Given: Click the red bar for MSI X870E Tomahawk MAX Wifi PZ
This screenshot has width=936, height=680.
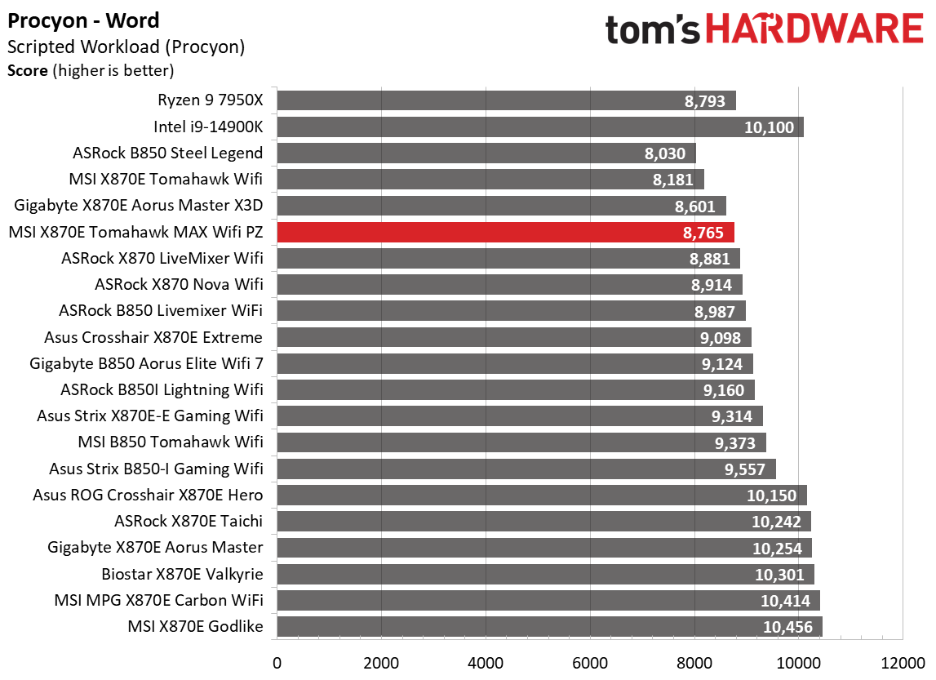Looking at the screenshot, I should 505,232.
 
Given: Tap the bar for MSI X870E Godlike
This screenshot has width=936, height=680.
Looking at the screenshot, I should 549,627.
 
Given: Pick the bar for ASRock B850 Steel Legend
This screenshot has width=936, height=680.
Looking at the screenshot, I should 486,153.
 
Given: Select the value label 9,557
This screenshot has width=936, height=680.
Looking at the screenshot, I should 746,469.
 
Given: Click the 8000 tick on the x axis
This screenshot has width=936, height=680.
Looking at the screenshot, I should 694,661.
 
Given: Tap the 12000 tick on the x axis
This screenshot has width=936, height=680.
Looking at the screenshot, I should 902,661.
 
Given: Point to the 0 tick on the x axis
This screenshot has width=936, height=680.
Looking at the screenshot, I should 277,661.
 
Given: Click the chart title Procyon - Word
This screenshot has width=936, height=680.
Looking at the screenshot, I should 84,20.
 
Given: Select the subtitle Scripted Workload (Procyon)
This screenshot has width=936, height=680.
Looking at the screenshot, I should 126,47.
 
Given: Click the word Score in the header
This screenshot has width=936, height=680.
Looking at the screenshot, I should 28,71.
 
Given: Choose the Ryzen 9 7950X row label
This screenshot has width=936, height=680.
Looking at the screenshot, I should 211,100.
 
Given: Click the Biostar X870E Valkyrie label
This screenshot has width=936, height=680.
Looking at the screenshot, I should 182,574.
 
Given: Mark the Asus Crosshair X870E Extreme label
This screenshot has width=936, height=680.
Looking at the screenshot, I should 153,337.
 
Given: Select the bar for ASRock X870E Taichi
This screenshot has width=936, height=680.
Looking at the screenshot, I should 543,522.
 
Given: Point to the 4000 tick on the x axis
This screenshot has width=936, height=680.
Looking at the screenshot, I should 486,661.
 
